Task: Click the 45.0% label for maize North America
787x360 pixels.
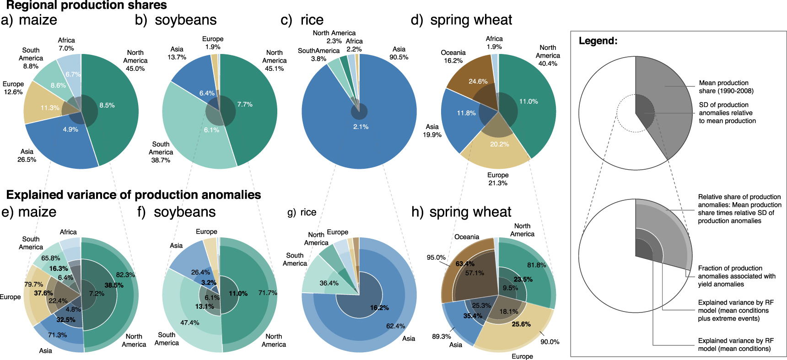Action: coord(135,69)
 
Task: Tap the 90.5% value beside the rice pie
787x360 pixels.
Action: coord(399,57)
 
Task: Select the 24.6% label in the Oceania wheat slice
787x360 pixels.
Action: coord(478,81)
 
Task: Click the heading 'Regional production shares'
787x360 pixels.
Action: coord(86,5)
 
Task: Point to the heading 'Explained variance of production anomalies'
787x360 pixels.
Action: coord(134,195)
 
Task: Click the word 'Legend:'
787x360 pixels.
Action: coord(598,41)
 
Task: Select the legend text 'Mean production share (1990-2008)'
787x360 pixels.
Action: coord(726,87)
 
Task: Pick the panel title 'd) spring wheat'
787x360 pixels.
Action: coord(461,20)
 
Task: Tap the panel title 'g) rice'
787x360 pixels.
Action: coord(302,212)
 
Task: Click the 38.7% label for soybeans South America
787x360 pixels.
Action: coord(161,160)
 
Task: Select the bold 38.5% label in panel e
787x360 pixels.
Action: coord(114,285)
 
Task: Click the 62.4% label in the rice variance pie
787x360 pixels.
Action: coord(395,326)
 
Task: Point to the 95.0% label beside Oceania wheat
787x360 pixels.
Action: coord(436,258)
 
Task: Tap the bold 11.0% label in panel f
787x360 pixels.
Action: coord(238,294)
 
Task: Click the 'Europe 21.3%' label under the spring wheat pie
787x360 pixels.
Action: coord(498,179)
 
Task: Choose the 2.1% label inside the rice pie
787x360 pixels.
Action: coord(361,127)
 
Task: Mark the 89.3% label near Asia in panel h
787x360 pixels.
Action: coord(441,336)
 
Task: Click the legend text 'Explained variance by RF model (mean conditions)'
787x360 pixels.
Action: coord(735,344)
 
